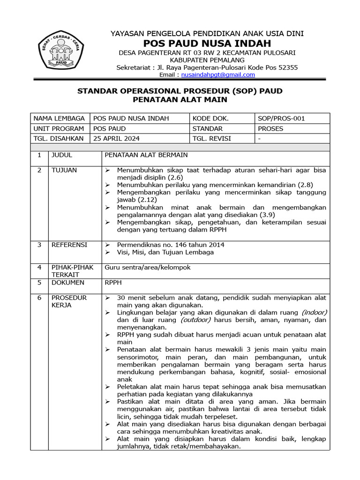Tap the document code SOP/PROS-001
click(281, 119)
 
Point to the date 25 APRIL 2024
click(117, 139)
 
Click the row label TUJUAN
click(64, 170)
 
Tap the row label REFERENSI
click(69, 245)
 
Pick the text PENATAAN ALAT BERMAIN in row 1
click(146, 155)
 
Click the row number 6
click(39, 298)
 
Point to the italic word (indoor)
click(314, 312)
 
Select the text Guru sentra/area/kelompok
click(148, 267)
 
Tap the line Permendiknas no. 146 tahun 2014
click(171, 245)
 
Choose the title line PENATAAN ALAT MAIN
click(180, 99)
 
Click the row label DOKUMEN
click(67, 283)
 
